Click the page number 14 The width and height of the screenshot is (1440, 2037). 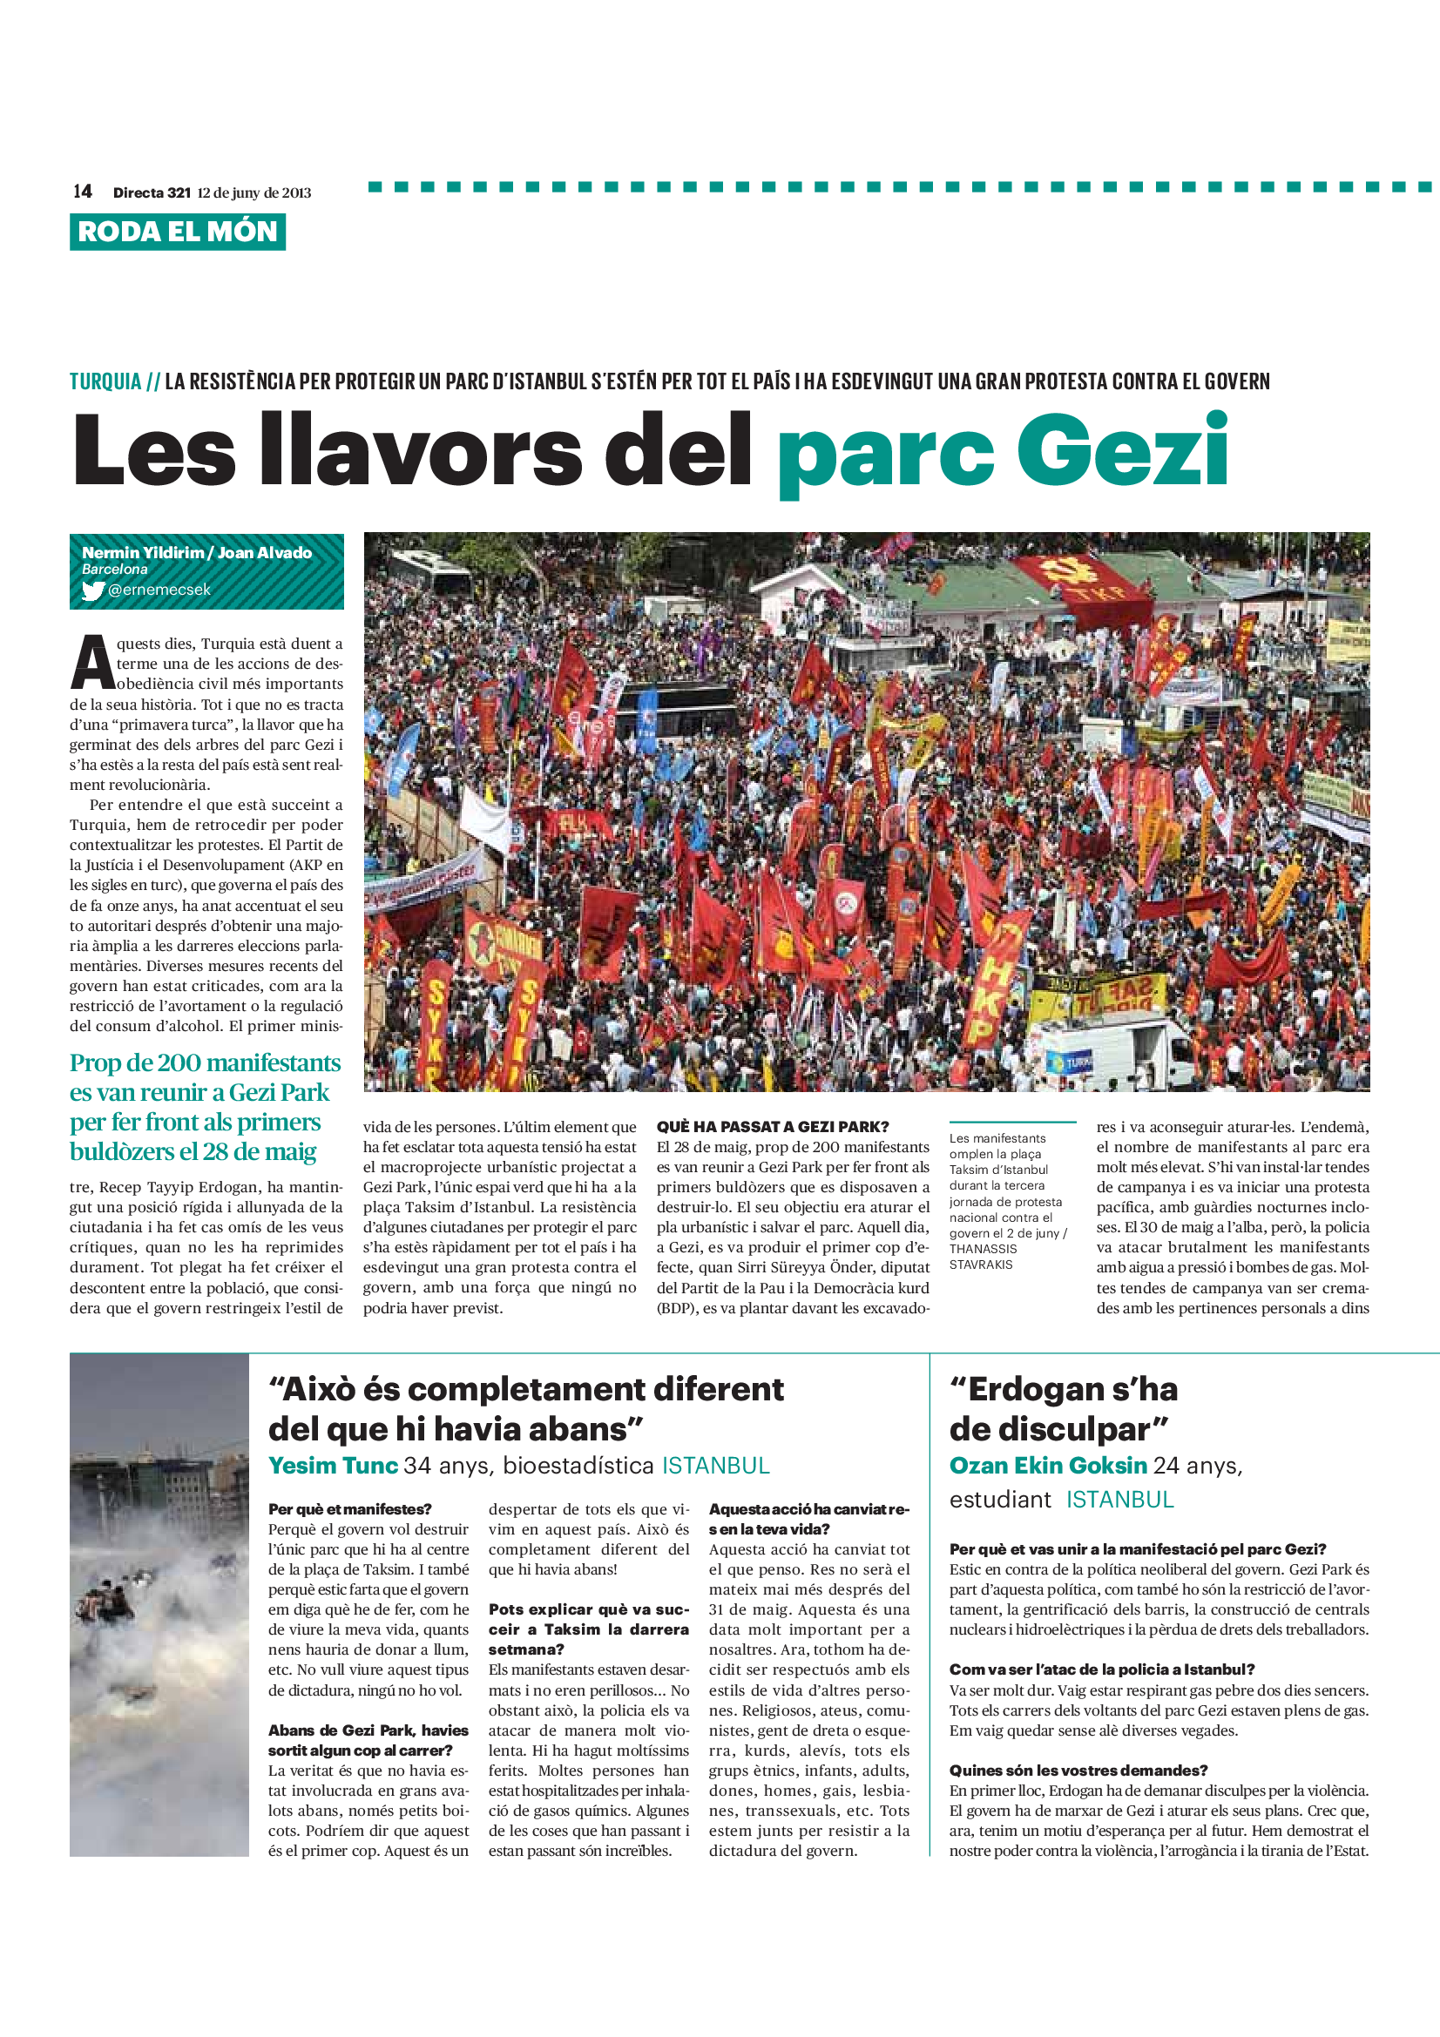83,192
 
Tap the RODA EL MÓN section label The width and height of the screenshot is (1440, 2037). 178,232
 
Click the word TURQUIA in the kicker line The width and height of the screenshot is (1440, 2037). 105,381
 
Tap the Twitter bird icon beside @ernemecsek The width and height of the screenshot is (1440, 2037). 92,590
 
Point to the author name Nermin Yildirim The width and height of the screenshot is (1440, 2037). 142,553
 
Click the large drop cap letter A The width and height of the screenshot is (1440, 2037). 91,664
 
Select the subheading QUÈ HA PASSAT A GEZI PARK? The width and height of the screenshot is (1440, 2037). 772,1127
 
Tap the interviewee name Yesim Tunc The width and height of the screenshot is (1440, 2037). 333,1466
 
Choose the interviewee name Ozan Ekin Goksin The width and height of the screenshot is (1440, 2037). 1048,1466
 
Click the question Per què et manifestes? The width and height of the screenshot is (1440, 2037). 349,1509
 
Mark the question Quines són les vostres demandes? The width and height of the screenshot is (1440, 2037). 1078,1770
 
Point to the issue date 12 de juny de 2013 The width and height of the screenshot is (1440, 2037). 254,192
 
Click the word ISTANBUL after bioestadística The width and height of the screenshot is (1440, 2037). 715,1466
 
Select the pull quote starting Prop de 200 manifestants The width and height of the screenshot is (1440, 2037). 205,1106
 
